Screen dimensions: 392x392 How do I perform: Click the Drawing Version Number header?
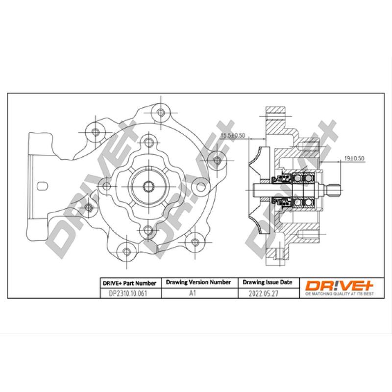198,283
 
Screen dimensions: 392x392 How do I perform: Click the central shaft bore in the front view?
148,186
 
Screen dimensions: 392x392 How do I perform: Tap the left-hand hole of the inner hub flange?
105,185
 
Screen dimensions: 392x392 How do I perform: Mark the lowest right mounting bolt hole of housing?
195,242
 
